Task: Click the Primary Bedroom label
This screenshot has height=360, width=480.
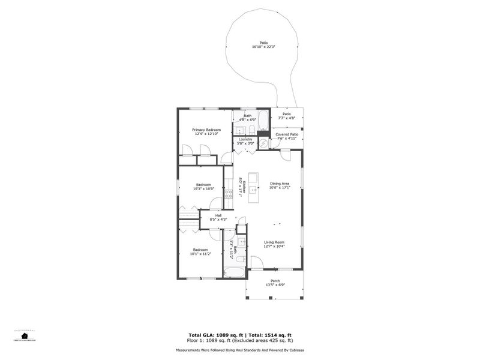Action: tap(206, 130)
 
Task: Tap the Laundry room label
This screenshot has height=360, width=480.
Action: tap(245, 139)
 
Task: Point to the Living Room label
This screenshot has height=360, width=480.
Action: tap(274, 242)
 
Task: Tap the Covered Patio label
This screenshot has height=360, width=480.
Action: tap(287, 134)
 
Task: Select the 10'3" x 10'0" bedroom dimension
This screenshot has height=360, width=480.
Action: tap(204, 189)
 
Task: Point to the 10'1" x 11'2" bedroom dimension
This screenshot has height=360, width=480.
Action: tap(200, 254)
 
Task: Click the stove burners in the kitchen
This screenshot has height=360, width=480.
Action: tap(228, 194)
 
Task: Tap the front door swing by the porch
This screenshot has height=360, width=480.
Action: tap(255, 262)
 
